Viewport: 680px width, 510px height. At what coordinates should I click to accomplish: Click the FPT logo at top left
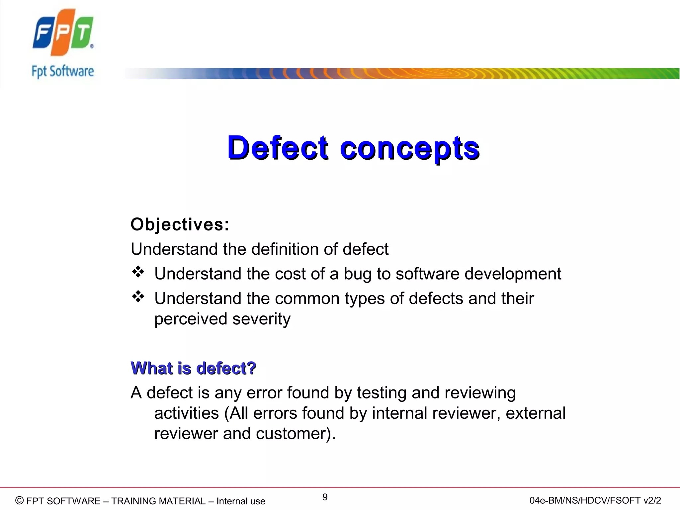[x=63, y=33]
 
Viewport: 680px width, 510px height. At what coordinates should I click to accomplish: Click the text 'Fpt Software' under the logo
[x=63, y=71]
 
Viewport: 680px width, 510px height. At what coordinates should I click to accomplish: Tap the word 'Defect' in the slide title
[x=278, y=148]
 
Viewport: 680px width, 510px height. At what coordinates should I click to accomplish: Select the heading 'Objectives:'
[x=180, y=224]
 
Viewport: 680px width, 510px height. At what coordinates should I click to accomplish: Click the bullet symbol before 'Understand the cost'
[x=138, y=272]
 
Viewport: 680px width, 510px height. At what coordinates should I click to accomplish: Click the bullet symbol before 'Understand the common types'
[x=138, y=297]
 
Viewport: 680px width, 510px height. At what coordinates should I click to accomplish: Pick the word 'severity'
[x=261, y=319]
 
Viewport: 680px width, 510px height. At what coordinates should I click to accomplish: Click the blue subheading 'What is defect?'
[x=193, y=368]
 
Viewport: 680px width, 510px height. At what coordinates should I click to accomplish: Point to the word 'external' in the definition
[x=535, y=413]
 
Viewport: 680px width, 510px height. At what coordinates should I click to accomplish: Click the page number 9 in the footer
[x=325, y=497]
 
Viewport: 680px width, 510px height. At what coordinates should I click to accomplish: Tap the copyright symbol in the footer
[x=20, y=500]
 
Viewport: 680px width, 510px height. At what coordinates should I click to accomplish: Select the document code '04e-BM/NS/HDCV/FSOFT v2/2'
[x=595, y=500]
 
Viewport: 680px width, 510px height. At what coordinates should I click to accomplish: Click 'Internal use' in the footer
[x=241, y=501]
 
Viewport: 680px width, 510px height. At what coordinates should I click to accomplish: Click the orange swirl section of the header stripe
[x=415, y=73]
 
